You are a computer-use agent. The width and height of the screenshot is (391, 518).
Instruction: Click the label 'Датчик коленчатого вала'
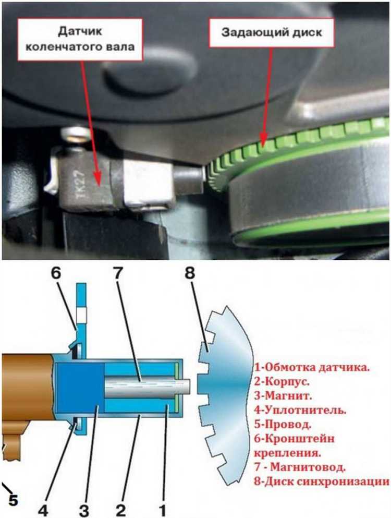pos(80,39)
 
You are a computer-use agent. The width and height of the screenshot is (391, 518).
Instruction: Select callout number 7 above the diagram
pos(118,273)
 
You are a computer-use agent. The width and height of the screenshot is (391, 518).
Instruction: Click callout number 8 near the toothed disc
pos(190,273)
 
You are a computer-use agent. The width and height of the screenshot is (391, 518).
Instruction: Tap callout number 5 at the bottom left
pos(13,500)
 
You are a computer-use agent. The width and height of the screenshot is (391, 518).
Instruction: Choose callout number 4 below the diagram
pos(43,510)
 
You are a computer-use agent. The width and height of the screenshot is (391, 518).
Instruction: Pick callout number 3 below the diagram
pos(84,510)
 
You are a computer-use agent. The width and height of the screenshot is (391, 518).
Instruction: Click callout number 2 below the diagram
pos(120,510)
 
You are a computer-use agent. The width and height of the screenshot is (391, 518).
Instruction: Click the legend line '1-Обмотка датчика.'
pos(312,367)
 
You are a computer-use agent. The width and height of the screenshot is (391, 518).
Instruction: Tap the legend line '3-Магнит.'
pos(283,396)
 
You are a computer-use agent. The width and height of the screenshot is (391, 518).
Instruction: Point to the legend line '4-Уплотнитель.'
pos(300,411)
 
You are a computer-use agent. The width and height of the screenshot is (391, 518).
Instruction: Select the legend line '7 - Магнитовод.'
pos(300,467)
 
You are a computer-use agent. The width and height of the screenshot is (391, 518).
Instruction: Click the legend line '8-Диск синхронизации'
pos(321,481)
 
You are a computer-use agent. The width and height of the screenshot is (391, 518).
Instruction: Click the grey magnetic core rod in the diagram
pos(148,386)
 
